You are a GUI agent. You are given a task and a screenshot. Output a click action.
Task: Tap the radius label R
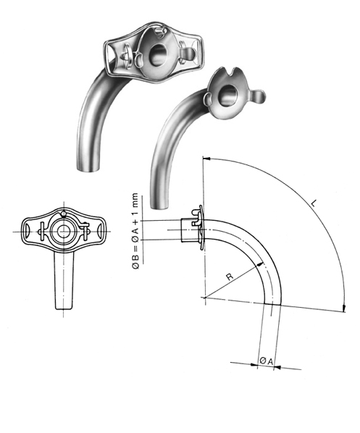pyautogui.click(x=230, y=276)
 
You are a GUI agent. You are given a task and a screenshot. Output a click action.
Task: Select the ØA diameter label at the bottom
pyautogui.click(x=265, y=358)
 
